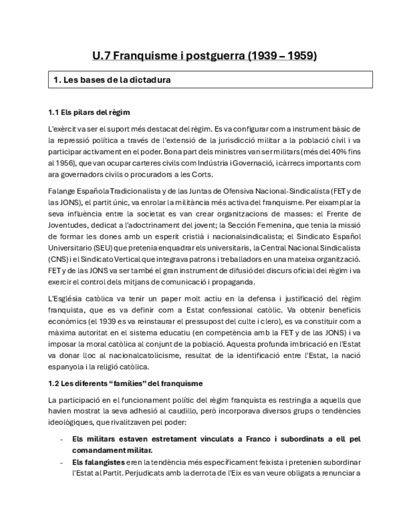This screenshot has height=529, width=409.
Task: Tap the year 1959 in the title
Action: point(303,56)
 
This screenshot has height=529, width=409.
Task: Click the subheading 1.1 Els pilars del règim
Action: point(89,112)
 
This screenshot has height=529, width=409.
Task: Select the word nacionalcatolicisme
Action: point(126,354)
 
